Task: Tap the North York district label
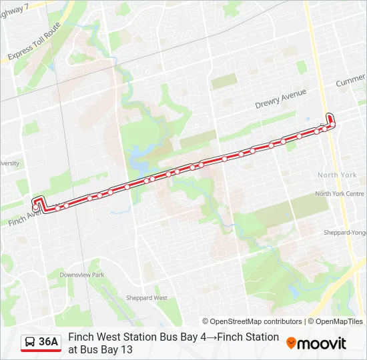tap(337, 175)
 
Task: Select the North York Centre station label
tap(339, 194)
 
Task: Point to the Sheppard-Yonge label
tap(345, 233)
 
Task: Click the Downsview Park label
tap(81, 275)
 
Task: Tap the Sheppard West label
tap(150, 298)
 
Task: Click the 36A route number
tap(49, 342)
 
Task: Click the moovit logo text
tap(322, 343)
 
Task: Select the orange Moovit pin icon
tap(291, 343)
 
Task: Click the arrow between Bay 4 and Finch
tap(212, 337)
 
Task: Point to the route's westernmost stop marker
tap(35, 208)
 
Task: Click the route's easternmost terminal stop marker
tap(332, 124)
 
